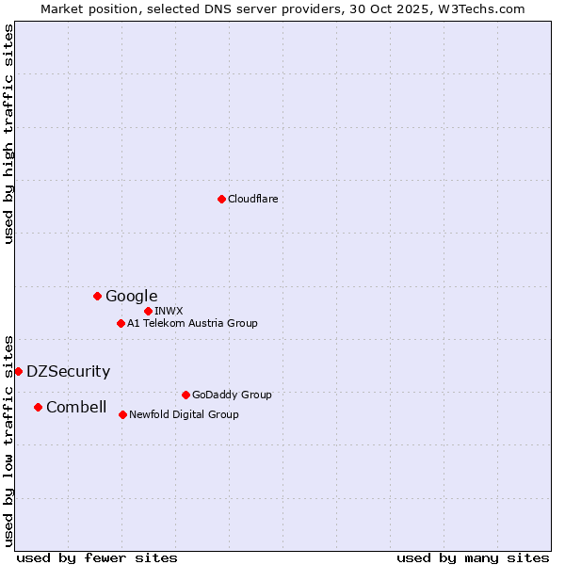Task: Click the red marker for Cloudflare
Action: pyautogui.click(x=221, y=199)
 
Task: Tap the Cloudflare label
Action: pyautogui.click(x=253, y=199)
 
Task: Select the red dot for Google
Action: pyautogui.click(x=97, y=296)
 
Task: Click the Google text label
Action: pyautogui.click(x=132, y=297)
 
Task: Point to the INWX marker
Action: pyautogui.click(x=148, y=311)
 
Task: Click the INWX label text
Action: pyautogui.click(x=169, y=311)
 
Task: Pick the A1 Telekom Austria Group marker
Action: pyautogui.click(x=121, y=323)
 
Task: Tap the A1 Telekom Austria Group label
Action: pyautogui.click(x=193, y=324)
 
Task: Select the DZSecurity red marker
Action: pyautogui.click(x=18, y=371)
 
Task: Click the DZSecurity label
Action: pyautogui.click(x=69, y=372)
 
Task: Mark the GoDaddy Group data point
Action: pyautogui.click(x=186, y=395)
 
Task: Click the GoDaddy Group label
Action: pyautogui.click(x=232, y=395)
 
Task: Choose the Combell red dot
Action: pyautogui.click(x=38, y=407)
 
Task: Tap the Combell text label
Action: pyautogui.click(x=76, y=408)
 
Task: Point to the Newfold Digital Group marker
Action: pyautogui.click(x=122, y=414)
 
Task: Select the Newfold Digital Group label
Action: pyautogui.click(x=185, y=415)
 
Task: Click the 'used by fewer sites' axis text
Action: pyautogui.click(x=97, y=558)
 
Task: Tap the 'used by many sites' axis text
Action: pyautogui.click(x=473, y=558)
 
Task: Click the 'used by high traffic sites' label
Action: pyautogui.click(x=9, y=134)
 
